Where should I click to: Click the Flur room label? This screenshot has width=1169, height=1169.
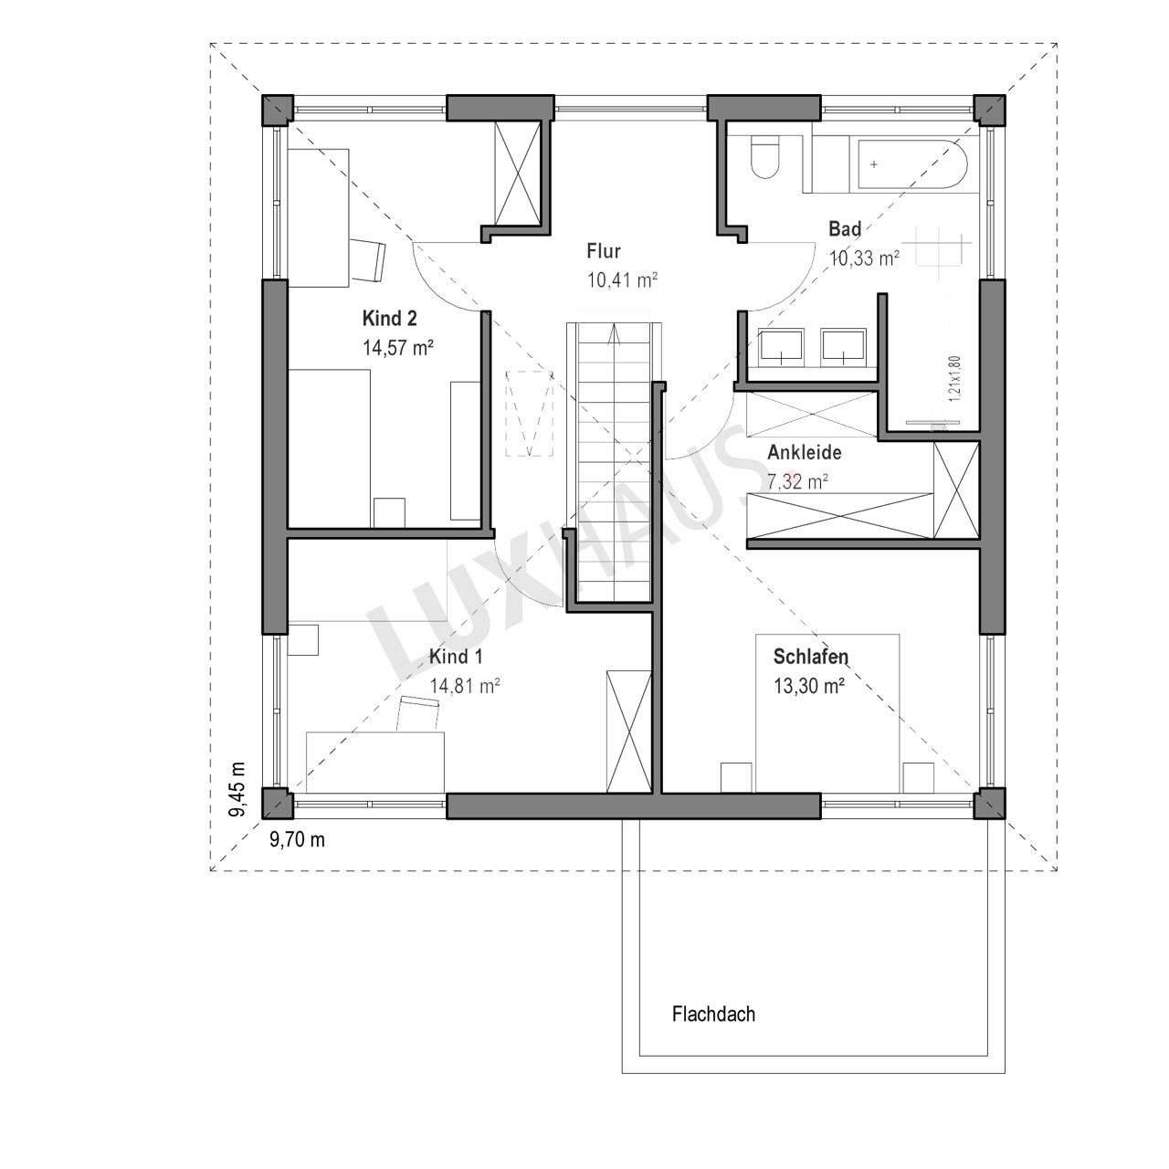pos(604,251)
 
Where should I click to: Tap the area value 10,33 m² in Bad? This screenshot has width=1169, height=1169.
pos(864,258)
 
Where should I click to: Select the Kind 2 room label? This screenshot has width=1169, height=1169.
pos(389,319)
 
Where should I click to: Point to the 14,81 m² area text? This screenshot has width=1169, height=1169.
pos(465,686)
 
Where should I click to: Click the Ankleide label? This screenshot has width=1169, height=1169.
pos(805,453)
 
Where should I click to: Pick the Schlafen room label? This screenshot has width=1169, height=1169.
pos(810,657)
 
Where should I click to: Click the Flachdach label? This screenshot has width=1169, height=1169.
pos(713,1015)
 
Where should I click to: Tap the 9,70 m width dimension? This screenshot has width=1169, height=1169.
pos(297,839)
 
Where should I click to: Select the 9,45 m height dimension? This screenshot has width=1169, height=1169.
pos(238,789)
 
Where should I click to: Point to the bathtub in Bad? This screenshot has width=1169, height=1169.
pos(910,163)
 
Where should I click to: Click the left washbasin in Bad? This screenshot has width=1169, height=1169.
pos(781,348)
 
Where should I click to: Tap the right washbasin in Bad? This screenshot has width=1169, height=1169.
pos(845,348)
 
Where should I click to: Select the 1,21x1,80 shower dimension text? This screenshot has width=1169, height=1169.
pos(955,378)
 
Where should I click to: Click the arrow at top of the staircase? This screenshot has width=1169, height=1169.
pos(614,335)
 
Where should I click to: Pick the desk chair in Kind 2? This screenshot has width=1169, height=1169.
pos(368,259)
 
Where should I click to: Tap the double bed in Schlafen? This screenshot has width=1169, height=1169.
pos(827,713)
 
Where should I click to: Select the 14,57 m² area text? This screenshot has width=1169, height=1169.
pos(398,348)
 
